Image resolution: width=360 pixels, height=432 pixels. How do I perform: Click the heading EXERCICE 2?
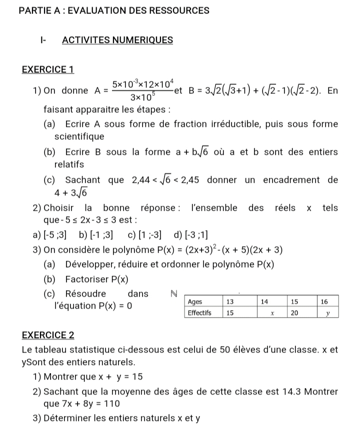48,334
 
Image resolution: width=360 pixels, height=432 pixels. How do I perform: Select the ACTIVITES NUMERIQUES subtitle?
118,40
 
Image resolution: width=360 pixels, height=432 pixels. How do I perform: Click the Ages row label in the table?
195,302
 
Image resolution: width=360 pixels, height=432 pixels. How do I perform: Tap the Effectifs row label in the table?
199,313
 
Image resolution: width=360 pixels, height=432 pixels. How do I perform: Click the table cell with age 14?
265,302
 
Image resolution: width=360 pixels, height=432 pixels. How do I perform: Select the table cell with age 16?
324,302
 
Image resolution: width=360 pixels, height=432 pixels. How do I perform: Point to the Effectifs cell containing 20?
294,313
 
